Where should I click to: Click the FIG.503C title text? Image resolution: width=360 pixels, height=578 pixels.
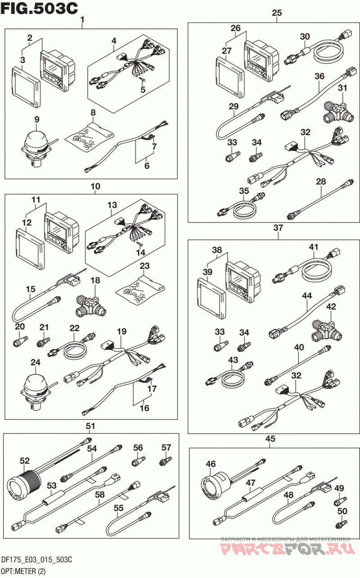(39, 9)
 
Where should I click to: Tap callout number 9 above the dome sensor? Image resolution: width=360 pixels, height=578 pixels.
(37, 119)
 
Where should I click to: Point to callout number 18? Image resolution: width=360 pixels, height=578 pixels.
(95, 280)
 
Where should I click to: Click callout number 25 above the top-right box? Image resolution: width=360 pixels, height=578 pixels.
(277, 13)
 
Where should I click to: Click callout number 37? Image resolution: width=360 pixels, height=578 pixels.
(278, 228)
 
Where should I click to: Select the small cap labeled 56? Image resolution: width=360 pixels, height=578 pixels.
(138, 461)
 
